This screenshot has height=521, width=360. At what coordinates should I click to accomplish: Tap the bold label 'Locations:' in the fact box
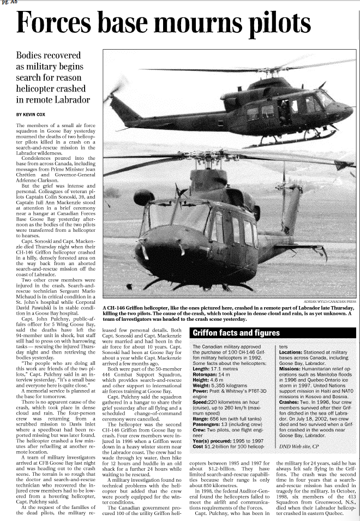(292, 352)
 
